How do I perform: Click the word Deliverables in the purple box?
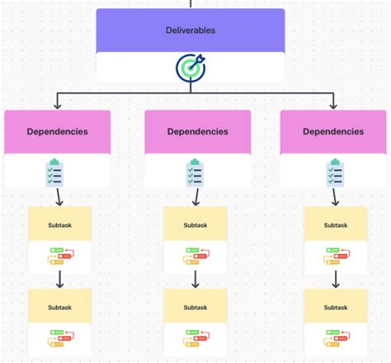[x=191, y=31]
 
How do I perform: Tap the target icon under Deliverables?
[x=191, y=68]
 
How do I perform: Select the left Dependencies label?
[x=57, y=131]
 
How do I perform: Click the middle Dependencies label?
[x=197, y=131]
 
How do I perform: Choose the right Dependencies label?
[x=333, y=131]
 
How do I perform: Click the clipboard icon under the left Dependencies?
[x=56, y=172]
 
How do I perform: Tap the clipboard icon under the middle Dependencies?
[x=195, y=172]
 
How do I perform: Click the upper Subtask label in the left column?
[x=59, y=224]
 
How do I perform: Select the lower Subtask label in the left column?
[x=59, y=307]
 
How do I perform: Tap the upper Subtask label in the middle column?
[x=195, y=224]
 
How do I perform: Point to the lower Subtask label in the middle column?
[x=195, y=307]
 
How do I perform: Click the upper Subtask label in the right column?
[x=335, y=224]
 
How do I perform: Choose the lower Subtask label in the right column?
[x=335, y=307]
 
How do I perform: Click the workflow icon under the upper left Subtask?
[x=59, y=259]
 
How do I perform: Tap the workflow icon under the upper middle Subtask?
[x=195, y=259]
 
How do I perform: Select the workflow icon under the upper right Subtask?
[x=335, y=259]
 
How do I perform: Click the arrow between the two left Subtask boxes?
[x=59, y=280]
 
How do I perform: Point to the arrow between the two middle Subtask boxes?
[x=195, y=280]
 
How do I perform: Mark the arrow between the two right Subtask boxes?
[x=335, y=280]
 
